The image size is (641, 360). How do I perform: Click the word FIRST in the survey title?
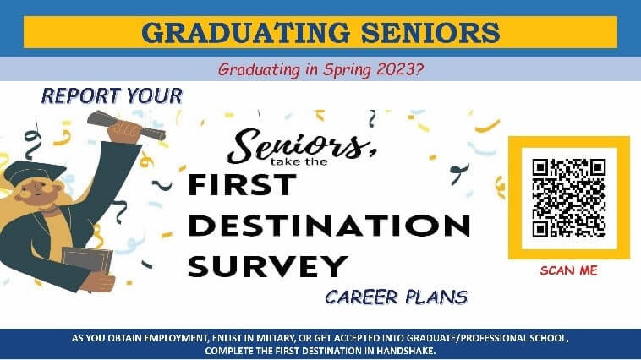coord(241,183)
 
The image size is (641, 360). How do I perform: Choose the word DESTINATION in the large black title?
coord(328,226)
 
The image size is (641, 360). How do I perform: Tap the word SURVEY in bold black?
coord(267,265)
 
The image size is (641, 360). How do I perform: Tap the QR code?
coord(568,198)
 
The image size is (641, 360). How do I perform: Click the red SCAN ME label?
coord(568,270)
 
